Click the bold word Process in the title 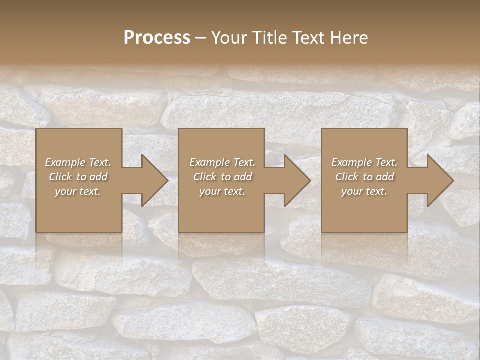click(157, 38)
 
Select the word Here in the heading click(349, 38)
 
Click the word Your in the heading click(229, 38)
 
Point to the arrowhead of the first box click(153, 180)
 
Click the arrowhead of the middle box click(295, 180)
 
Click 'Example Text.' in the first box click(78, 162)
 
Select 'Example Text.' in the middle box click(222, 162)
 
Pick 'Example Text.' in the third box click(364, 162)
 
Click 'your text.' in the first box click(78, 191)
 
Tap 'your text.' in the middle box click(222, 191)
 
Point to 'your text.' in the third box click(364, 191)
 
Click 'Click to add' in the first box click(78, 177)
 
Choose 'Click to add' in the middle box click(222, 177)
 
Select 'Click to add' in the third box click(364, 177)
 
